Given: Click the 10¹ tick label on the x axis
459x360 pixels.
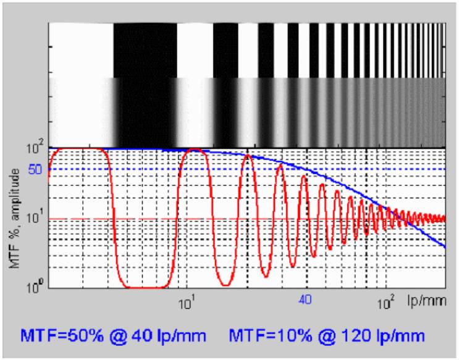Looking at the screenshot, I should pyautogui.click(x=187, y=303).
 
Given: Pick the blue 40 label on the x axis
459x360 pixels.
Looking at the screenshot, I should pyautogui.click(x=304, y=301).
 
